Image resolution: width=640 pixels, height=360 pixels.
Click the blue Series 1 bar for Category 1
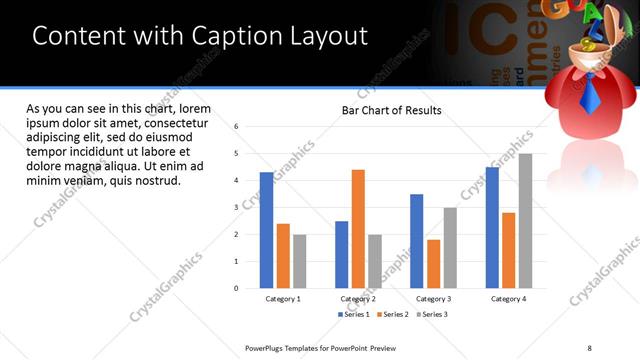click(x=266, y=230)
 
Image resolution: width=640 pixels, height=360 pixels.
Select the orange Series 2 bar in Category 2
click(x=358, y=229)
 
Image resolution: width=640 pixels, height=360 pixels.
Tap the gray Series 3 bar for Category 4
click(x=525, y=221)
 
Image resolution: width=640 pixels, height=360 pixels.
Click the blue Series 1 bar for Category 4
click(x=492, y=227)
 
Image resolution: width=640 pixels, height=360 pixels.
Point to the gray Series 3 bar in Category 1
click(x=299, y=261)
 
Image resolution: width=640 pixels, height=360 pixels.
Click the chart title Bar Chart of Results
click(x=391, y=110)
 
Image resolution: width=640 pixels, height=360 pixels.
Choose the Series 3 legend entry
click(x=432, y=314)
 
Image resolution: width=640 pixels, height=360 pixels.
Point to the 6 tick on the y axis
click(x=235, y=127)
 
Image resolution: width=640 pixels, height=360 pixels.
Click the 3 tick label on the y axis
click(x=235, y=208)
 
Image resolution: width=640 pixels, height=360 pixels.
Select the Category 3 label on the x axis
click(x=433, y=299)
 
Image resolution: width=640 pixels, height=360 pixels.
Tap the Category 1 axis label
click(x=283, y=299)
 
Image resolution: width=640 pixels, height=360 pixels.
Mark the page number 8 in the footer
click(x=589, y=348)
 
